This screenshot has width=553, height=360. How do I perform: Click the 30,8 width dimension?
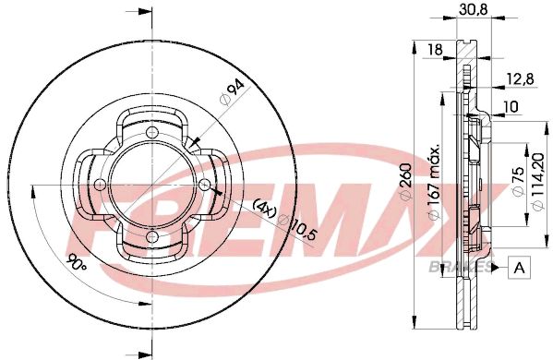coord(474,9)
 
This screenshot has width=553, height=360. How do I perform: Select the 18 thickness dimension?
coord(436,50)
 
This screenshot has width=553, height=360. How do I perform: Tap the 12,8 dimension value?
coord(521,78)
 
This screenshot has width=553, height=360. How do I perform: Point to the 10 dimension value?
coord(511,106)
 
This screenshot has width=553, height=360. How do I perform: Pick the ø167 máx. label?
coord(435,182)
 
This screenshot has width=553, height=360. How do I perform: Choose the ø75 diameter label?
coord(518,181)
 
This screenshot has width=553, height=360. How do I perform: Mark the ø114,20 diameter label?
coord(541,182)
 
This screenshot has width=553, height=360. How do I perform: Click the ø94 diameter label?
coord(232,92)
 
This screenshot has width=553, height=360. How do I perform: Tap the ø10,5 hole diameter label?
coord(298,228)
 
